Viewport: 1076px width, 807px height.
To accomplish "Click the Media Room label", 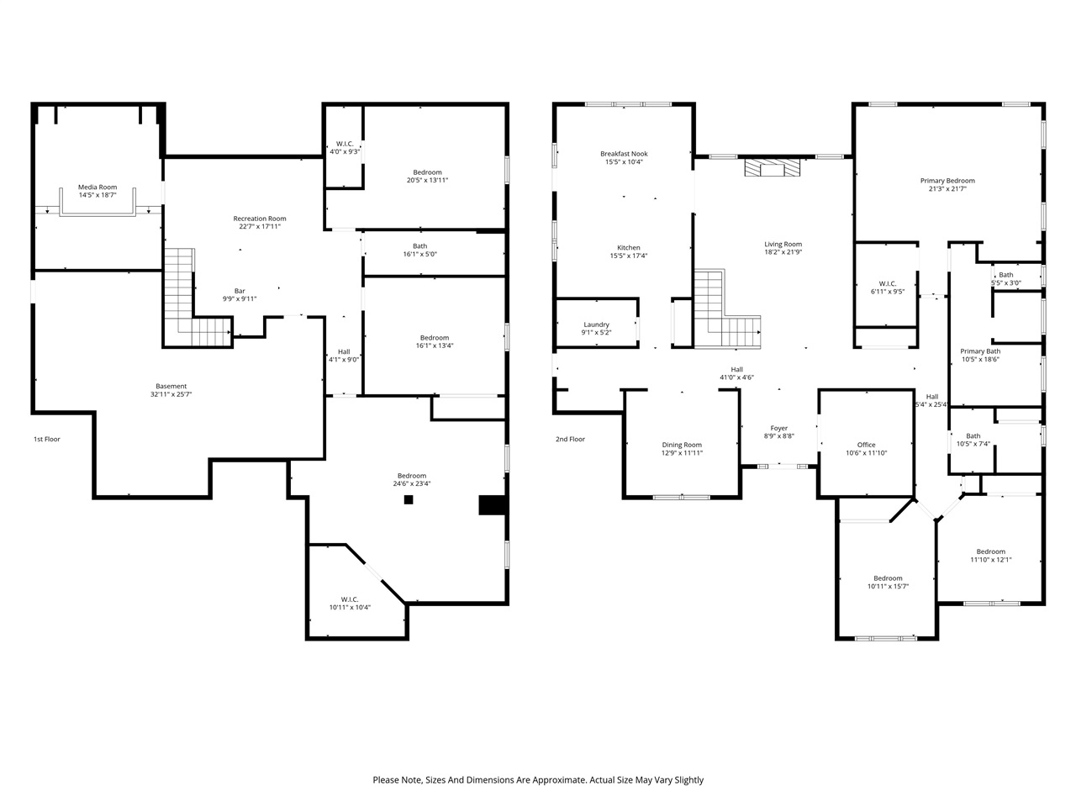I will (98, 187).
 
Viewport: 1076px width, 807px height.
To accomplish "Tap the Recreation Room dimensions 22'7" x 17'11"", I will (260, 226).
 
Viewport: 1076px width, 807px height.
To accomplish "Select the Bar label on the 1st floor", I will (240, 291).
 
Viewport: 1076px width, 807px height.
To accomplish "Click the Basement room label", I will (171, 387).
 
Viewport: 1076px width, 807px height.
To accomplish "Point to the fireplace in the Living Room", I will (772, 169).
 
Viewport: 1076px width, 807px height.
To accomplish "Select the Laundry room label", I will (596, 324).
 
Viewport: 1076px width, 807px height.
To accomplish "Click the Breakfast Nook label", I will (624, 154).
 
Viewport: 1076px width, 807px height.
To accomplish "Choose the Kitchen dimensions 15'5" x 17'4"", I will (629, 256).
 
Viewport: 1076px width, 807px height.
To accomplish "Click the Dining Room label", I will (682, 445).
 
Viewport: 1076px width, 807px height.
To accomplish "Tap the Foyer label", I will (779, 428).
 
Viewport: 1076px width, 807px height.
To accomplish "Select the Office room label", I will (866, 445).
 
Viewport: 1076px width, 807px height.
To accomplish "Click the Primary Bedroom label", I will (947, 181).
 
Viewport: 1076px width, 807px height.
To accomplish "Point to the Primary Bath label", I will (980, 351).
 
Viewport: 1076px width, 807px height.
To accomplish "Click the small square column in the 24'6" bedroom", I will (409, 499).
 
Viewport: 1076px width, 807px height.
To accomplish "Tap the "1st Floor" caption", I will (47, 439).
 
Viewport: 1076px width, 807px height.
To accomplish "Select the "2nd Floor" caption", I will (570, 439).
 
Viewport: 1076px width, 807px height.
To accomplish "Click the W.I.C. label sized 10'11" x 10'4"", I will (351, 599).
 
